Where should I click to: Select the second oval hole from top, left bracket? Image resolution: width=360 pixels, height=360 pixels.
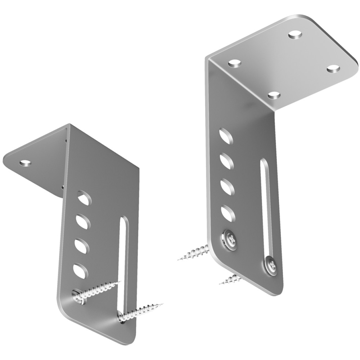(83, 221)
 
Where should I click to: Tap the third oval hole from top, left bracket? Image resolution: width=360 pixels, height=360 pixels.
(82, 245)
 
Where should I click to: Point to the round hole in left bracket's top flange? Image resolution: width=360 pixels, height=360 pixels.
(25, 163)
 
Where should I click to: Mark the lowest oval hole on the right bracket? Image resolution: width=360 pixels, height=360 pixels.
(228, 213)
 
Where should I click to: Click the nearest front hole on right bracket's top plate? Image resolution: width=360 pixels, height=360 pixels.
(274, 95)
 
